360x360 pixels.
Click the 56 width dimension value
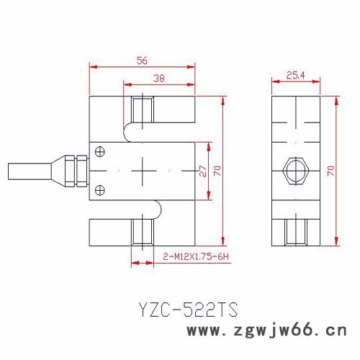[x=143, y=61]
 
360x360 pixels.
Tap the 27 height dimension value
[x=202, y=171]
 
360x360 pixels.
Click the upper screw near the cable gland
[x=100, y=151]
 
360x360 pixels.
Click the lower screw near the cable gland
[x=100, y=190]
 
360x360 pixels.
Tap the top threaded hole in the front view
[x=143, y=109]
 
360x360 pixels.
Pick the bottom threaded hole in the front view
[x=143, y=233]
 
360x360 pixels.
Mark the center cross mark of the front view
[x=143, y=171]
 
